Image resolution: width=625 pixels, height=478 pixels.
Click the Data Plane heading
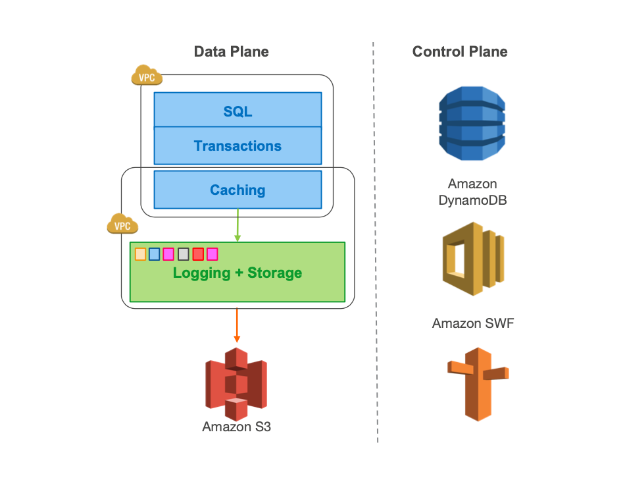pos(231,52)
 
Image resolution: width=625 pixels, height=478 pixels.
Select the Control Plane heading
pos(460,52)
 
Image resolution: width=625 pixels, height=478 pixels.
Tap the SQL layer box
pos(238,111)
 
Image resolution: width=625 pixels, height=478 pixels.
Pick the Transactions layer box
pos(238,146)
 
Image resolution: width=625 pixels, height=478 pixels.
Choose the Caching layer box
pos(238,190)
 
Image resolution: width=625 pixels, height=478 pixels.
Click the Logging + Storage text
pos(238,273)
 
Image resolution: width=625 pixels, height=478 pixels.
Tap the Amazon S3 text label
pos(236,427)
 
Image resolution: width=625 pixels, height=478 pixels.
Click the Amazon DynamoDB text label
pos(472,192)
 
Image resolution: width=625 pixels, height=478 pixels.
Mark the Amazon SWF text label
pos(472,323)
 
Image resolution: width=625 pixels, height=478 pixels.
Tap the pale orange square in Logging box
pos(140,254)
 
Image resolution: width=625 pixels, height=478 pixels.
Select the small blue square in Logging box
pos(155,254)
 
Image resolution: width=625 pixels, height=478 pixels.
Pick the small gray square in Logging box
pos(184,254)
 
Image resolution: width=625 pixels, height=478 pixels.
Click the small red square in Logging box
pos(198,254)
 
